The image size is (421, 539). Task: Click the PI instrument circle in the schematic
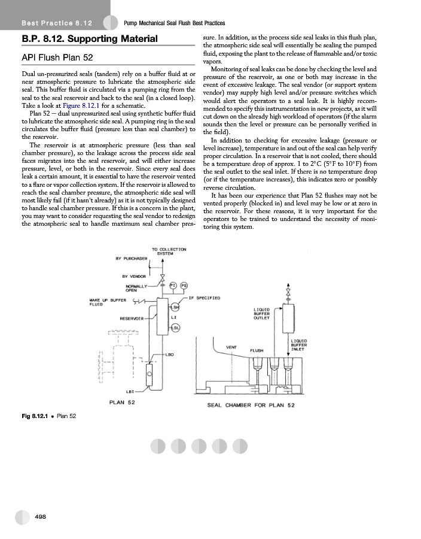[173, 284]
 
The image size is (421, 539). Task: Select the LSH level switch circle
[175, 308]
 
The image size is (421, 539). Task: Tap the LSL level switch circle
[175, 328]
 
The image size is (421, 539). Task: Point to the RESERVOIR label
[132, 317]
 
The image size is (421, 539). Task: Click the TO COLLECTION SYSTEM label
[169, 252]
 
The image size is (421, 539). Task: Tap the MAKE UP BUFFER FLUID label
[102, 301]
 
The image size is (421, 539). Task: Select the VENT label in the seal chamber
[233, 347]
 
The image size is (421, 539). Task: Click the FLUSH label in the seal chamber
[257, 350]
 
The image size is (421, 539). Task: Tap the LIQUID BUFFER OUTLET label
[261, 314]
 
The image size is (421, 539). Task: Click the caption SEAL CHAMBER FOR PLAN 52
[251, 405]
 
